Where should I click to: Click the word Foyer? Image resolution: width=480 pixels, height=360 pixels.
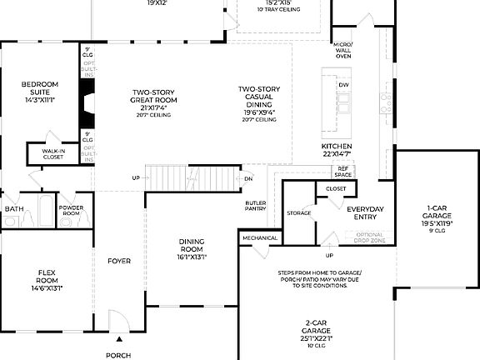[119, 261]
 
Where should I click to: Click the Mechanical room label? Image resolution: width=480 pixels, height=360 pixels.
[259, 238]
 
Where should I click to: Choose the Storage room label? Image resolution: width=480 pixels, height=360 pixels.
[298, 213]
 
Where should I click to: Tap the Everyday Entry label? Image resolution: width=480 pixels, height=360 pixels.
[366, 212]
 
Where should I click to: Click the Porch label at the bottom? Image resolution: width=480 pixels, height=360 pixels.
[118, 354]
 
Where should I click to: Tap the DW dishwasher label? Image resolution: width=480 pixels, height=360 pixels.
[343, 85]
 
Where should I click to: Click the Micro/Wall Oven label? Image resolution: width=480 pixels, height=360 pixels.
[342, 50]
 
